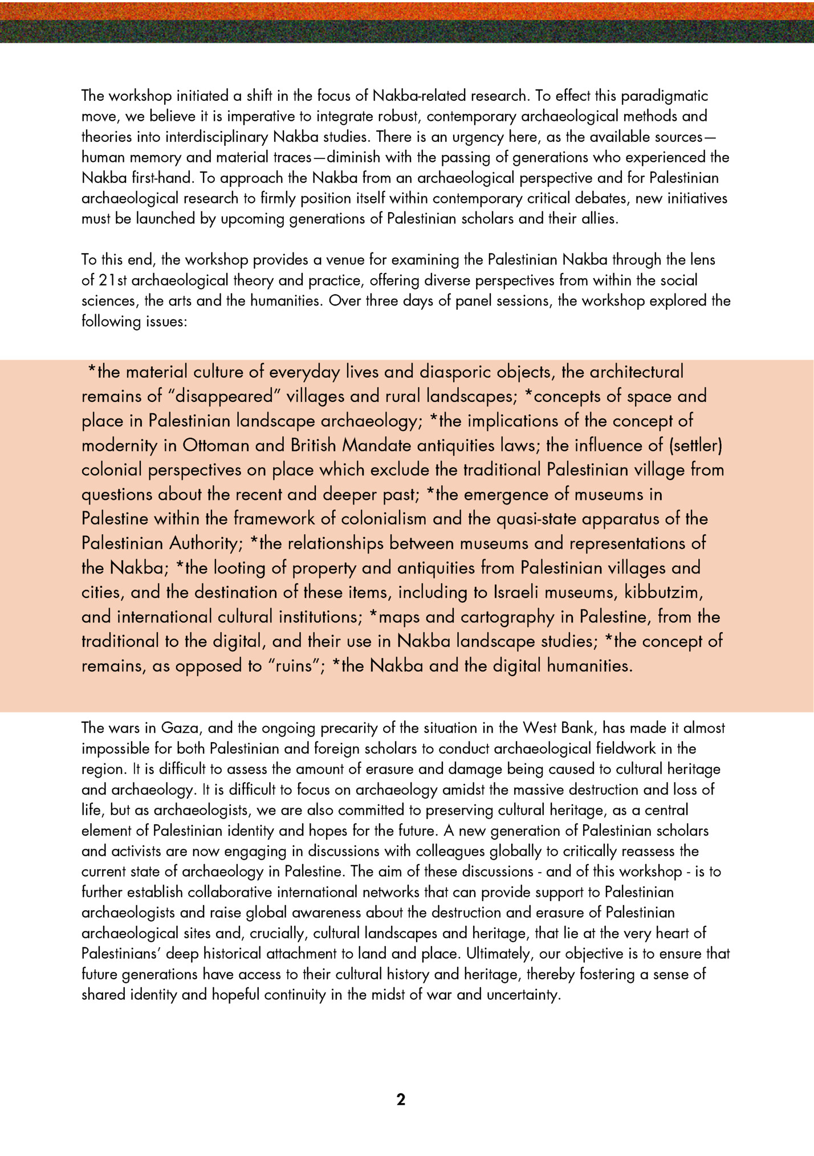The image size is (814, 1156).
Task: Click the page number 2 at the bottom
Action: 401,1100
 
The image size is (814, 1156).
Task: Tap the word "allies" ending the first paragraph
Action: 600,219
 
